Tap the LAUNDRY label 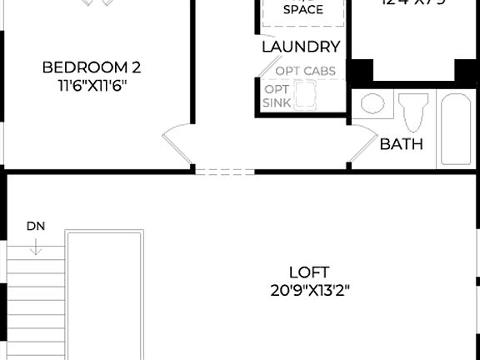tap(301, 47)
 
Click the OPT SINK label tap(277, 96)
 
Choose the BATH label tap(402, 144)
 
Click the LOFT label tap(309, 272)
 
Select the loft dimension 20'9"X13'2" tap(309, 291)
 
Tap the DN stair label tap(36, 226)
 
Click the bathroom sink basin tap(372, 105)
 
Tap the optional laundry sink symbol tap(307, 97)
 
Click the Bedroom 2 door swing tap(177, 145)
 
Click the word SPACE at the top tap(303, 10)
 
